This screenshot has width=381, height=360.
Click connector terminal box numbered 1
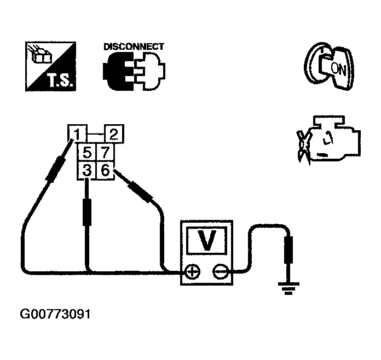[x=78, y=134]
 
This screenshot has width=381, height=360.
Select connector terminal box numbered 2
[x=113, y=134]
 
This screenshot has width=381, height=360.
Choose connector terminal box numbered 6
[x=106, y=171]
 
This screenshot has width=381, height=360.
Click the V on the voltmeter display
[x=206, y=241]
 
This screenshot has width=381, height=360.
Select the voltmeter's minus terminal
[x=220, y=271]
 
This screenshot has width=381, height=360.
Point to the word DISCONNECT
[x=134, y=47]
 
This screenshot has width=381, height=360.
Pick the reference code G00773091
[x=55, y=315]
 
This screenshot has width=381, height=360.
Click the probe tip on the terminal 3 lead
[x=86, y=211]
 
